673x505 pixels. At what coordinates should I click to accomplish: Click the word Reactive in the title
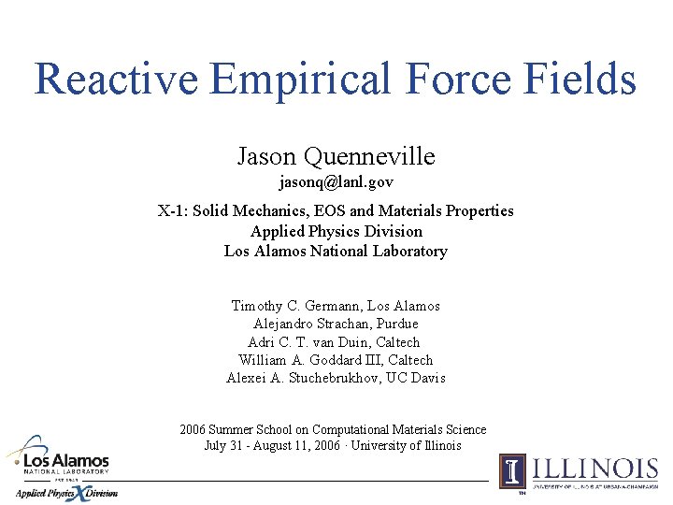(116, 79)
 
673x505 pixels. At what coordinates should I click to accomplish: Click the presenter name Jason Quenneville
(336, 155)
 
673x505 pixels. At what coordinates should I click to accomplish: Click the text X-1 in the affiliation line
(171, 210)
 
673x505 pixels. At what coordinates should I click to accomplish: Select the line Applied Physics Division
(336, 231)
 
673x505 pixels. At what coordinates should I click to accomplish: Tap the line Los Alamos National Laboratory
(336, 251)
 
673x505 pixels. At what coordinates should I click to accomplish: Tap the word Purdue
(398, 324)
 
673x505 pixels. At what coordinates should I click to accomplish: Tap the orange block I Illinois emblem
(512, 470)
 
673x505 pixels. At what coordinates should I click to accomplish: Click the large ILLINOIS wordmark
(594, 468)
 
